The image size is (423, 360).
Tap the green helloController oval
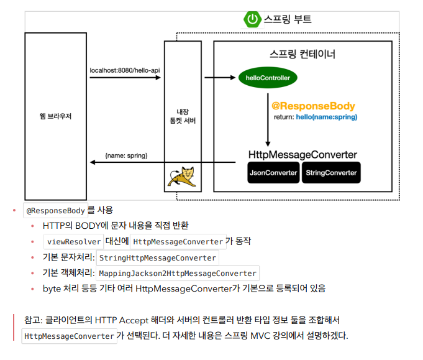coord(268,78)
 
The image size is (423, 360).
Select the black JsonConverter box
coord(273,172)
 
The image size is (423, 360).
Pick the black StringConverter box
coord(331,172)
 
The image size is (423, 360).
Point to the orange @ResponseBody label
coord(313,106)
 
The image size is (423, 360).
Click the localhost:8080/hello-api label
coord(124,70)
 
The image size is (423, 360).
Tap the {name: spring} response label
coord(126,154)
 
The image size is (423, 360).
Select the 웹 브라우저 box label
coord(55,116)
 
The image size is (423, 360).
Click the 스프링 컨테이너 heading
coord(303,54)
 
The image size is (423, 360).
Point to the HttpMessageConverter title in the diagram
coord(302,154)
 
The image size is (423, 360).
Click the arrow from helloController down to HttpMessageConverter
coord(268,118)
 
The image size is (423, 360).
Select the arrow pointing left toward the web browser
coord(161,163)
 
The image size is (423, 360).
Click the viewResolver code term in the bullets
coord(74,241)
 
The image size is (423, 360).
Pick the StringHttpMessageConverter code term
coord(158,257)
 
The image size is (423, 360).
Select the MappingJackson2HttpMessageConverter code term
coord(178,274)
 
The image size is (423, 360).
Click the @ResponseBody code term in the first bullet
coord(55,210)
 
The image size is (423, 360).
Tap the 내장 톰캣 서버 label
coord(182,116)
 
